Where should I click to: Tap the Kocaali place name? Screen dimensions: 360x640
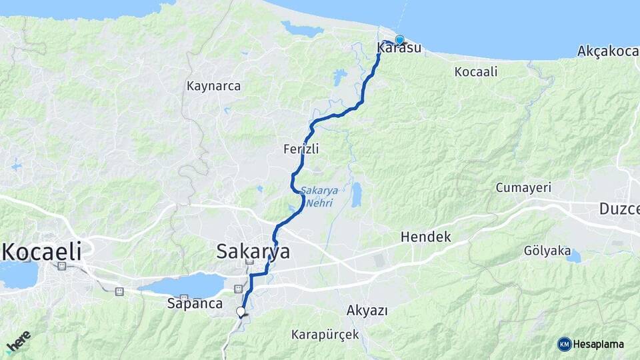[475, 71]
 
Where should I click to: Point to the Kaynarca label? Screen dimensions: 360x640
[213, 86]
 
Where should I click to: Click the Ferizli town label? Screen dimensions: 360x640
[301, 149]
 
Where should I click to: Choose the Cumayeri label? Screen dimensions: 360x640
[522, 188]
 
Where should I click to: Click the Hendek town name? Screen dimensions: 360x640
[425, 237]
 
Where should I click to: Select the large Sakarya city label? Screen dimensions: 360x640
[253, 251]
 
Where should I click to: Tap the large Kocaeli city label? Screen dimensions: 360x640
[41, 251]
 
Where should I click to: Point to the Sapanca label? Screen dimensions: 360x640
[195, 303]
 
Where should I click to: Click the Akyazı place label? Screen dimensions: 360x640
[367, 310]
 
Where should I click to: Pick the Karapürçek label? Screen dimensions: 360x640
[325, 334]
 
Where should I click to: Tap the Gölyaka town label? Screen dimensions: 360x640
[547, 251]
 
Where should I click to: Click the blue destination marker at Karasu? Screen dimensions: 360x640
[399, 39]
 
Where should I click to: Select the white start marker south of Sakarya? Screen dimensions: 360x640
[241, 311]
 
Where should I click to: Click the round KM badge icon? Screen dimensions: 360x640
[565, 344]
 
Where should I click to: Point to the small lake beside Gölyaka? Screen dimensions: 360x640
[573, 257]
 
